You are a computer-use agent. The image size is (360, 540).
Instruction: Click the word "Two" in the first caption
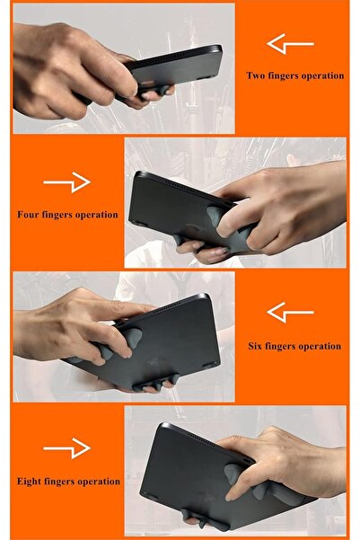[256, 76]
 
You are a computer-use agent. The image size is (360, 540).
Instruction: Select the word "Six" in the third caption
[256, 346]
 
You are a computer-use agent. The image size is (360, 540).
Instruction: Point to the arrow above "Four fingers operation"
[67, 183]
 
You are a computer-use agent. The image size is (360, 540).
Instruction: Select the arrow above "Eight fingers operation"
[67, 449]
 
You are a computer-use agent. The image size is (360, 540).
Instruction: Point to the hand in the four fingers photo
[287, 207]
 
